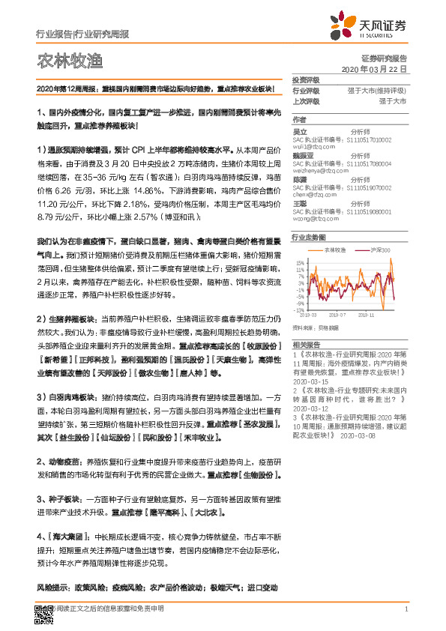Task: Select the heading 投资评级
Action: coord(306,79)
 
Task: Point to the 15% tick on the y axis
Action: coord(299,262)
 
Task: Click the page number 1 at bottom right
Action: coord(405,609)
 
